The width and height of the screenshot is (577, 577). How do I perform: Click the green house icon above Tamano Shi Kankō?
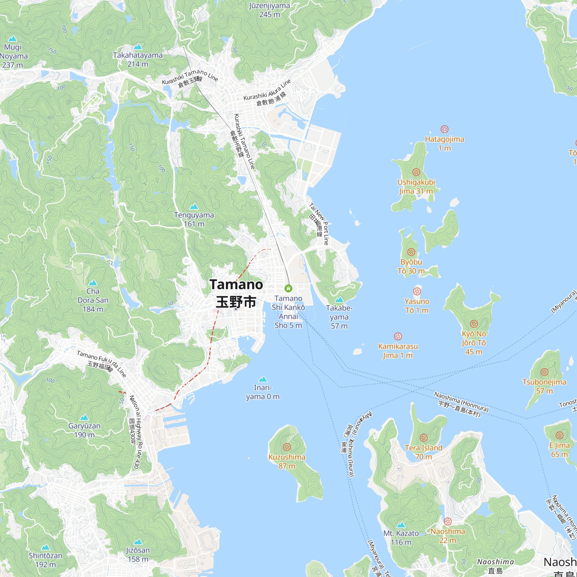pos(288,288)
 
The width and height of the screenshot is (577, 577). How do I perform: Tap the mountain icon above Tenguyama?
pos(194,206)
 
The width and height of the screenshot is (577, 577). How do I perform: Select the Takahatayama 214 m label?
pos(138,59)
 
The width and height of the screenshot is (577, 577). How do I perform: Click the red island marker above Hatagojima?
pos(444,129)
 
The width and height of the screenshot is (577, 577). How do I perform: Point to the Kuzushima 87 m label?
pos(287,461)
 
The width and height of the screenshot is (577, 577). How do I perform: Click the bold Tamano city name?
pos(236,285)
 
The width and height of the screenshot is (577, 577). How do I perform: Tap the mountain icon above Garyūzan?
pos(84,417)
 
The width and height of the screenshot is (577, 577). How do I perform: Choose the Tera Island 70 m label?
pos(424,452)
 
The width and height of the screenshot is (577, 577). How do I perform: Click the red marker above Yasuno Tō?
pos(417,291)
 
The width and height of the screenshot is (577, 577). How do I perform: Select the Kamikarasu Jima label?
pos(398,351)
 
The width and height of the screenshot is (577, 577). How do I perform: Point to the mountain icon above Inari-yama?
pos(263,379)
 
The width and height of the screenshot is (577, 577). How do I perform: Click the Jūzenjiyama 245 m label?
pos(269,10)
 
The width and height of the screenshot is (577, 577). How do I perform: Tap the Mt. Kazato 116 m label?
pos(401,537)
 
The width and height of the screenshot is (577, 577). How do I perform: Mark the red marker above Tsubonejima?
pos(544,372)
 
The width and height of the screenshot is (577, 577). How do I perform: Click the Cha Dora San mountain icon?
pos(93,282)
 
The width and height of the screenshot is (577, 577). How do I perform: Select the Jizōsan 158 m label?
pos(138,554)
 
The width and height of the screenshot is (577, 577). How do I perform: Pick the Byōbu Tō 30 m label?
pos(411,266)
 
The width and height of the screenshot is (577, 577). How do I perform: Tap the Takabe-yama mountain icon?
pos(339,299)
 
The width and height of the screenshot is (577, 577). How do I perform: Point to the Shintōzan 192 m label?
pos(45,560)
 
